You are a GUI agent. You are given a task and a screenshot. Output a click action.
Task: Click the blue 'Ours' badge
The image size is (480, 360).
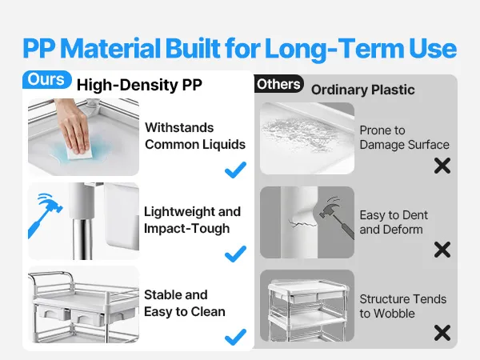47,79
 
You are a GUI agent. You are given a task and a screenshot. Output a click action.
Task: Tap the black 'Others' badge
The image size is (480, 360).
278,84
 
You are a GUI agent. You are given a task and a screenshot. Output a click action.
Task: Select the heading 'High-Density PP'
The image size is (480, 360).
139,85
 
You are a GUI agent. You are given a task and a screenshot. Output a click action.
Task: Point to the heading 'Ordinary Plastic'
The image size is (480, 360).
362,90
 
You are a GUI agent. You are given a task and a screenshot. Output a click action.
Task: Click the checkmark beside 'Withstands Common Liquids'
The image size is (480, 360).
235,170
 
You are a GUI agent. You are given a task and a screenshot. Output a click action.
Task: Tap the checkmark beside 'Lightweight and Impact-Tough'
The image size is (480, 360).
235,254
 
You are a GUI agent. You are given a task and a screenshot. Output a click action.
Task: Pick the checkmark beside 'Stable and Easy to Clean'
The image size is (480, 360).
235,337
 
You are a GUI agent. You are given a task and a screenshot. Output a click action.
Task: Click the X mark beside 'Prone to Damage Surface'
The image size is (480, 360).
442,166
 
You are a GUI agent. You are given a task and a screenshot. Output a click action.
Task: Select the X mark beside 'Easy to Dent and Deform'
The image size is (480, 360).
442,250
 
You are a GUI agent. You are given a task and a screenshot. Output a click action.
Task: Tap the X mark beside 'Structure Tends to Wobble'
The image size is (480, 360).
442,333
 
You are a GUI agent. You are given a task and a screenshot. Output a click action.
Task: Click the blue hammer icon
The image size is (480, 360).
45,215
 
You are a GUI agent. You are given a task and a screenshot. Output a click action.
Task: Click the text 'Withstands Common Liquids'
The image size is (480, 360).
195,136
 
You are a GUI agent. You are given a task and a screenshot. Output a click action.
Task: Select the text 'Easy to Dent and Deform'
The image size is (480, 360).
394,222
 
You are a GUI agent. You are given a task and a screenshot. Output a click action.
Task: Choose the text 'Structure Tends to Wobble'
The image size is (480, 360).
403,306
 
